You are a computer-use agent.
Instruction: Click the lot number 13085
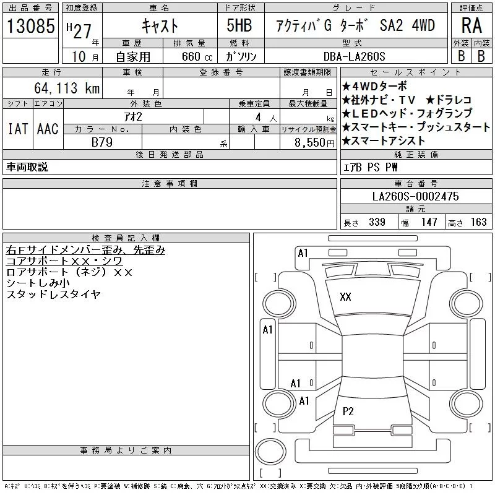coord(30,26)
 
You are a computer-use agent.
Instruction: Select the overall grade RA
coord(471,25)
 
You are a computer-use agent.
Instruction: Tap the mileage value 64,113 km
coord(67,88)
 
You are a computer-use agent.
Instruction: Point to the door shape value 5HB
coord(239,25)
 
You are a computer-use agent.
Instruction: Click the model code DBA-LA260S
coord(354,56)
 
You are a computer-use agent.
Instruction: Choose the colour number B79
coord(102,142)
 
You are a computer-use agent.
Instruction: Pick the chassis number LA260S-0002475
coord(415,196)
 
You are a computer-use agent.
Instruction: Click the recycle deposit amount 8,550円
coord(314,143)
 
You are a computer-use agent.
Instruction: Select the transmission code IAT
coord(18,129)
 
